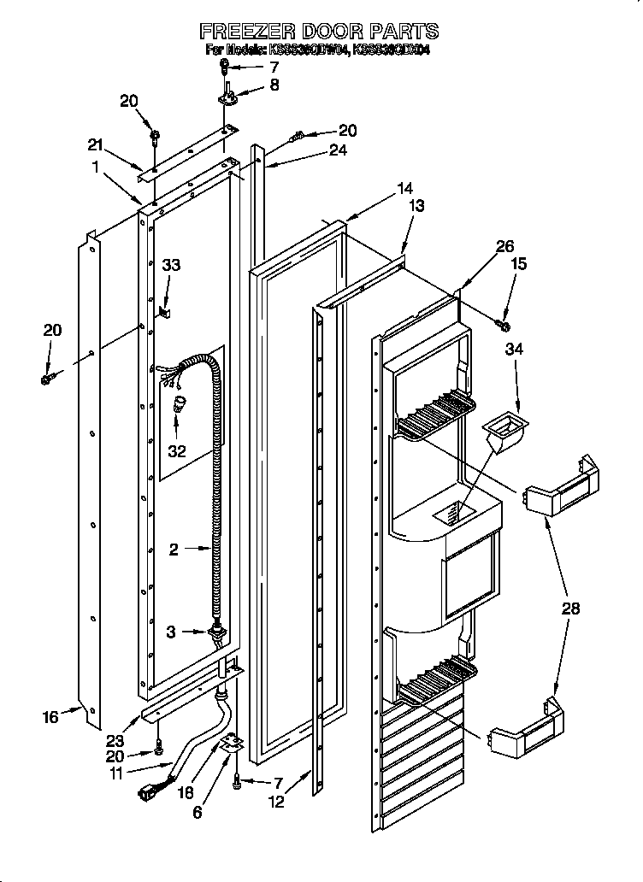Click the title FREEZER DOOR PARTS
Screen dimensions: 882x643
pos(319,32)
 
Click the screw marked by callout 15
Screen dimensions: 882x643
pos(503,325)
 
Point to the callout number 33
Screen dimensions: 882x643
pos(171,265)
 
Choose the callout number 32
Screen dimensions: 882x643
pos(176,451)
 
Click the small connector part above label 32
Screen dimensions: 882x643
pos(179,403)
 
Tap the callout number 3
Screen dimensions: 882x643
pos(172,631)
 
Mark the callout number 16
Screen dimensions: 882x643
pos(50,717)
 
